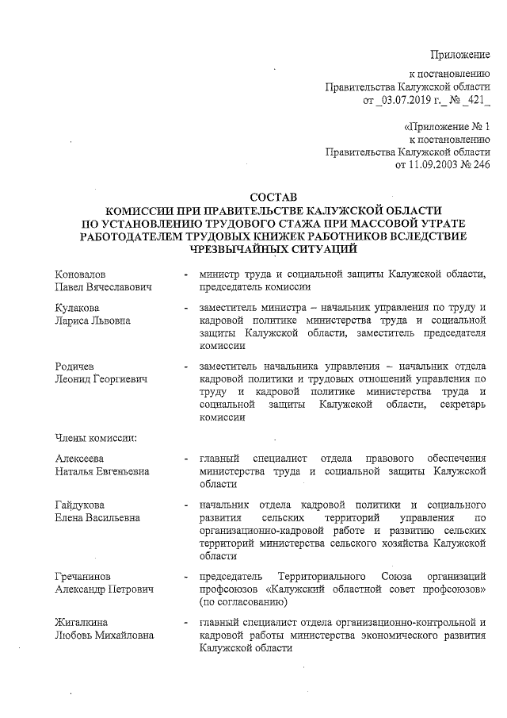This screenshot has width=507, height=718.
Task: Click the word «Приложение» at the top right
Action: [459, 53]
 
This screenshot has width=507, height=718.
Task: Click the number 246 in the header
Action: [480, 165]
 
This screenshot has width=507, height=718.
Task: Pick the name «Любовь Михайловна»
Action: [100, 636]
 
